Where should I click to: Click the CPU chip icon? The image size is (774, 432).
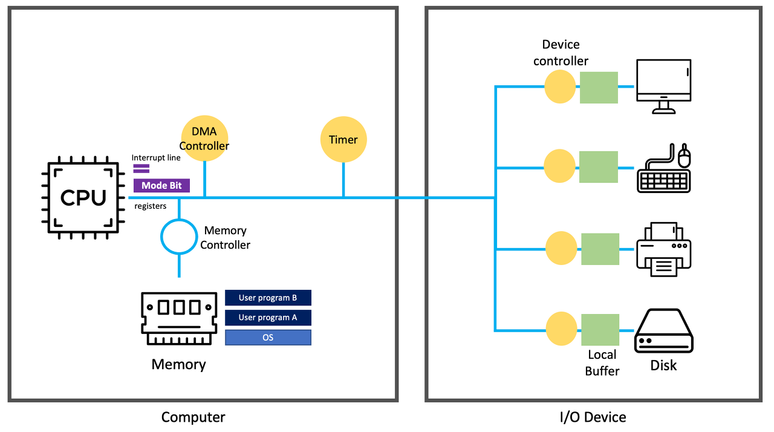tap(83, 198)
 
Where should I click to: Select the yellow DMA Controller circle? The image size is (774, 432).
tap(204, 139)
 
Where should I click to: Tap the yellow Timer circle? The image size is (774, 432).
tap(343, 140)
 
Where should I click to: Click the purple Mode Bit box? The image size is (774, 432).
tap(161, 186)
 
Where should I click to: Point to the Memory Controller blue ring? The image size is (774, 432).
tap(180, 235)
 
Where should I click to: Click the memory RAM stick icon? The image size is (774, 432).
tap(179, 318)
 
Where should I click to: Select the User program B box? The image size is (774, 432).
tap(268, 298)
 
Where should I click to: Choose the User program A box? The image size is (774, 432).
tap(268, 318)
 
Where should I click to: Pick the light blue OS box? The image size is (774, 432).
tap(268, 337)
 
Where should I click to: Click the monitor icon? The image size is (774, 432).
tap(663, 86)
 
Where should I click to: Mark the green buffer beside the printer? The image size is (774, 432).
tap(600, 249)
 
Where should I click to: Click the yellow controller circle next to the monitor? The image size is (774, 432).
tap(560, 87)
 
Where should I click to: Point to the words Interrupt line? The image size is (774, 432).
tap(156, 157)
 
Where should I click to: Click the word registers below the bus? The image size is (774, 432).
tap(151, 206)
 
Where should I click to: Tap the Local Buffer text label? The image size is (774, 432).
tap(602, 362)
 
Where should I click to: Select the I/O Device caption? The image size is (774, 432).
tap(593, 417)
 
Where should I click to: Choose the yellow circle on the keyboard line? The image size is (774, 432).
tap(560, 167)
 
